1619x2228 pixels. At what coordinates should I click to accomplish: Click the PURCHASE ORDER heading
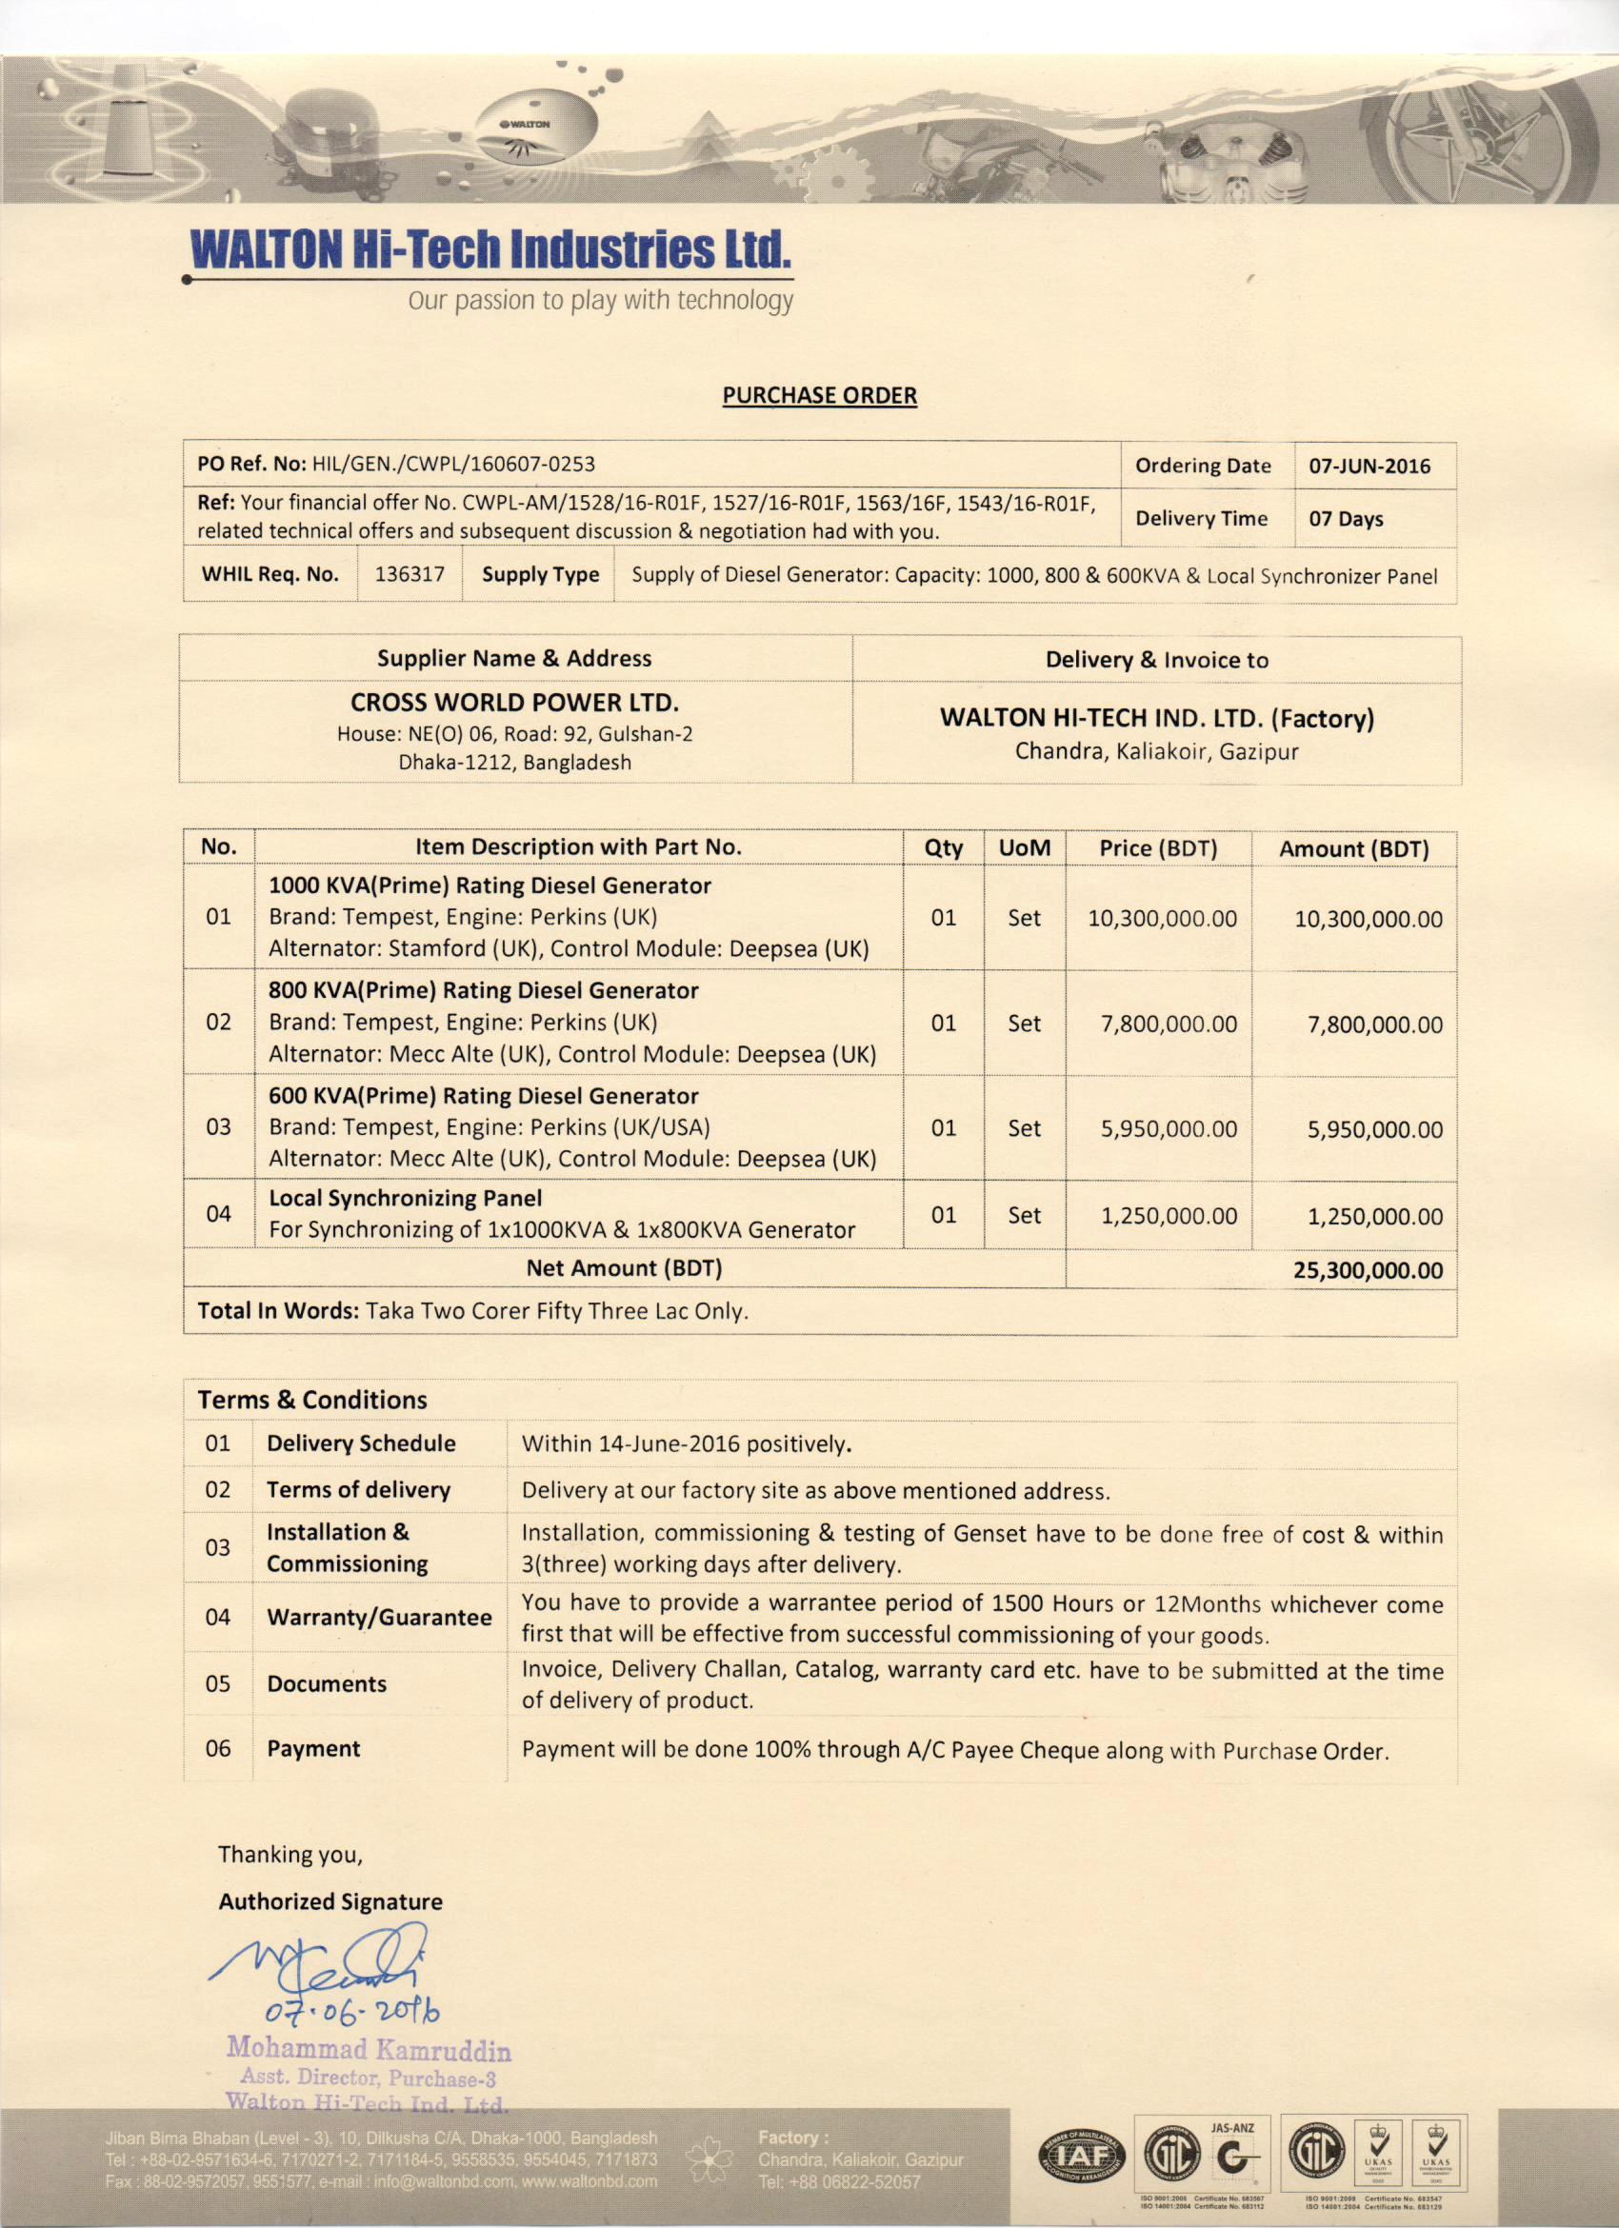819,395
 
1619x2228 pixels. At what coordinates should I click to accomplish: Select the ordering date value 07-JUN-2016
1369,466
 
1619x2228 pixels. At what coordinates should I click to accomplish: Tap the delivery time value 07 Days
1345,519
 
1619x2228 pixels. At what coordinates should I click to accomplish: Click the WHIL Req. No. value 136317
409,575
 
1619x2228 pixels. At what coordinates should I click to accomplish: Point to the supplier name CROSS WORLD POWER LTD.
515,703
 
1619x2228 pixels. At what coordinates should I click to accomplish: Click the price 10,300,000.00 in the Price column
1161,919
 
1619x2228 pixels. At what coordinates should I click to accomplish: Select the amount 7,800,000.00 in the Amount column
1374,1024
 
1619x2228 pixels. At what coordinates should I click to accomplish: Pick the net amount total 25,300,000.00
1368,1270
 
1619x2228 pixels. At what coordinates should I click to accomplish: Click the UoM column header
1024,847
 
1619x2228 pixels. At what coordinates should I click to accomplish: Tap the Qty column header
943,847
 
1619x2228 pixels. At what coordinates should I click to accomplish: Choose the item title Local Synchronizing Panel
405,1199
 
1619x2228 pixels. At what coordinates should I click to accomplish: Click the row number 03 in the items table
218,1126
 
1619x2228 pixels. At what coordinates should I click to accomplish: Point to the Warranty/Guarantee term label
379,1617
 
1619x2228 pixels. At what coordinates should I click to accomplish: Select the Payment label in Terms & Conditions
313,1749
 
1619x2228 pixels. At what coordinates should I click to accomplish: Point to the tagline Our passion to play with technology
600,301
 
